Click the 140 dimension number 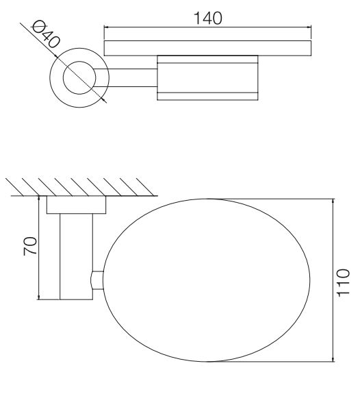[x=207, y=19]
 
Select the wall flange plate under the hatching [x=77, y=206]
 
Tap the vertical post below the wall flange [x=76, y=257]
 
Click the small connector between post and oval [x=97, y=280]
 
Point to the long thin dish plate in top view [x=207, y=49]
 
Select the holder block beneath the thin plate [x=207, y=78]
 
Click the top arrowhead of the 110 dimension [x=333, y=201]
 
